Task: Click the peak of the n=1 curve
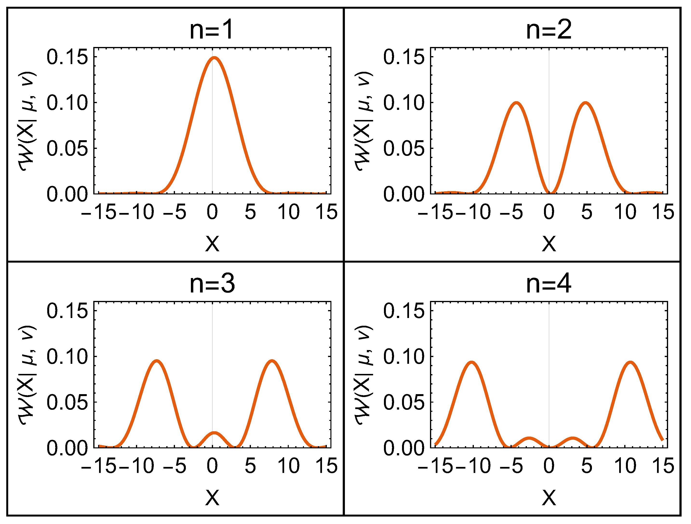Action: (214, 58)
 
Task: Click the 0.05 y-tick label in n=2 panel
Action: (404, 148)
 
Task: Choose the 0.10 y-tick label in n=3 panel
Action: (67, 357)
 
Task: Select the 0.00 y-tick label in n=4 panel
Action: (404, 448)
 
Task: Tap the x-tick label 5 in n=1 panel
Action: (250, 212)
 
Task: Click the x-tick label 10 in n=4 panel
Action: (625, 466)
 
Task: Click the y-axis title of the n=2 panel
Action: (363, 122)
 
